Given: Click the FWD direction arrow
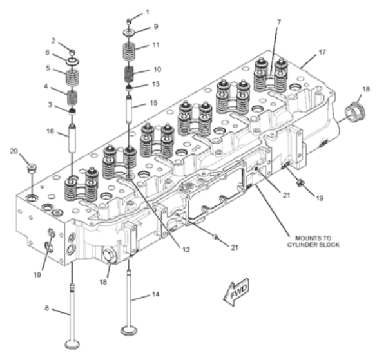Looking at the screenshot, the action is point(236,292).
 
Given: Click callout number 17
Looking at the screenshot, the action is point(322,52).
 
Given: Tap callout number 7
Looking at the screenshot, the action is point(278,22).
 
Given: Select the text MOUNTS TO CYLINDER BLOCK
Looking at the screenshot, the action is point(313,242).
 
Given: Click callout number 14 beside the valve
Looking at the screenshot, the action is point(155,294).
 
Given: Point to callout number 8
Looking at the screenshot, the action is point(47,308).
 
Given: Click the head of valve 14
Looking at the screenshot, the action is point(129,330).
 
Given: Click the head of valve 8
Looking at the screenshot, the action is point(72,345).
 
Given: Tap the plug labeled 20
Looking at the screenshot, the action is point(32,168).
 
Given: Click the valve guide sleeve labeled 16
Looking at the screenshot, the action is point(72,138).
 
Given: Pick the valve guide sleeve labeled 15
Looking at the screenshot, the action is point(129,109).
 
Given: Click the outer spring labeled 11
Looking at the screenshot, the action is point(129,51).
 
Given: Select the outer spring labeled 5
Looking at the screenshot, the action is point(72,78).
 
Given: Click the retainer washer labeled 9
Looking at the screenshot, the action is point(129,32).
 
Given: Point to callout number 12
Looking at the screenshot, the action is point(186,249).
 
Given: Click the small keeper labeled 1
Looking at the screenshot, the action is point(129,21).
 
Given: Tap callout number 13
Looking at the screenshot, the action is point(156,84).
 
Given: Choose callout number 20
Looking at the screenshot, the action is point(14,151).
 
